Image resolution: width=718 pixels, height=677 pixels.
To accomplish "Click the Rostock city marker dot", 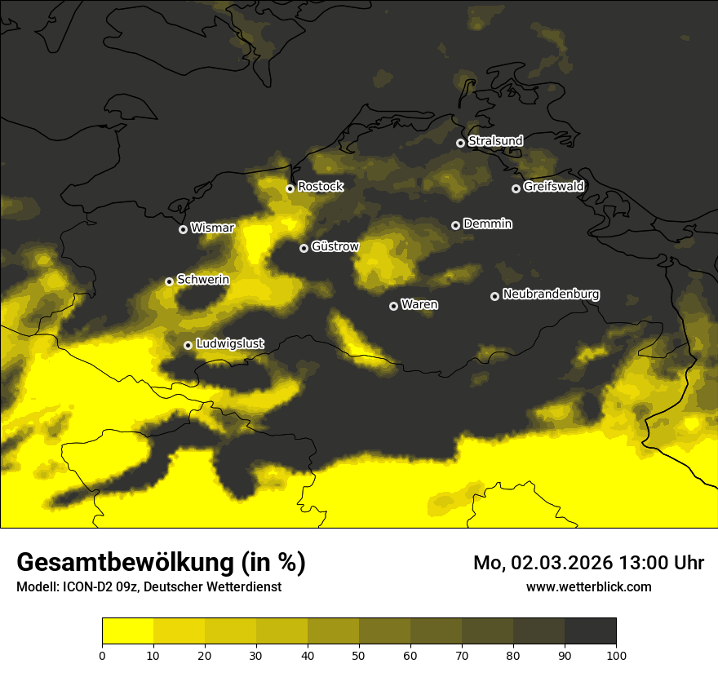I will click(x=290, y=188).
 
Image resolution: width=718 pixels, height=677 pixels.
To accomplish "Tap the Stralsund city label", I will click(x=495, y=141).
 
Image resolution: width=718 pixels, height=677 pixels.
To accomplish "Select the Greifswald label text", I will click(x=553, y=187).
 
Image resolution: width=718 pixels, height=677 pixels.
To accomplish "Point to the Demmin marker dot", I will click(x=455, y=225).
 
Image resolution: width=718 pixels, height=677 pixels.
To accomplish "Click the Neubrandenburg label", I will click(x=551, y=294).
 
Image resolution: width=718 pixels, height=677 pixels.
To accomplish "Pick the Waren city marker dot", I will click(x=393, y=306).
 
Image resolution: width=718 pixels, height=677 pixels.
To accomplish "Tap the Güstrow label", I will click(x=335, y=246).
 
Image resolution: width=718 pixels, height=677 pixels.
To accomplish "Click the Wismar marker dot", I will click(x=183, y=229).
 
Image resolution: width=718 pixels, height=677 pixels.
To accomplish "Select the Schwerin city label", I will click(x=203, y=280).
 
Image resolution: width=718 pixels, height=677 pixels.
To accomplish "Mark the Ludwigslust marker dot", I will click(x=188, y=345).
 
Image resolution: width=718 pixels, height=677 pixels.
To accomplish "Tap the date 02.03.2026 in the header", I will click(x=563, y=563).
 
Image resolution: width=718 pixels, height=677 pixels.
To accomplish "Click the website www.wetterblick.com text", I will click(x=588, y=586).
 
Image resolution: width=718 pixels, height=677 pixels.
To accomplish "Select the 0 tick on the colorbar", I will click(x=102, y=654).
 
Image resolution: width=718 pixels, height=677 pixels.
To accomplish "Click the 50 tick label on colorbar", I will click(x=359, y=654).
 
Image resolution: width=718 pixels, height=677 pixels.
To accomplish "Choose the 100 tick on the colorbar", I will click(x=616, y=654).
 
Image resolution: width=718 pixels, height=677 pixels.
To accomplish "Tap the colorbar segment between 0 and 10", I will click(x=127, y=631).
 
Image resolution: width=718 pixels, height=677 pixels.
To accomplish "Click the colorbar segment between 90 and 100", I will click(x=590, y=631).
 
